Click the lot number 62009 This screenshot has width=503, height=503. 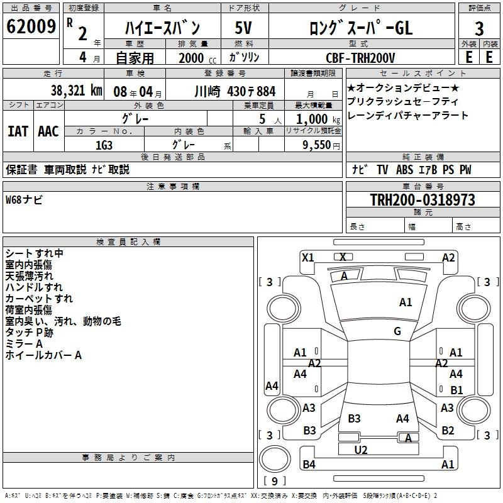[31, 27]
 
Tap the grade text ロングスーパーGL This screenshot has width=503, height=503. [360, 28]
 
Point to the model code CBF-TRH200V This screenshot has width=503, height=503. [360, 58]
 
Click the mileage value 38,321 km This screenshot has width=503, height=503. [77, 90]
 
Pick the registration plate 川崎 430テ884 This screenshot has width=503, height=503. [235, 91]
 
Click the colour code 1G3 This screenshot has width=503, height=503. [104, 144]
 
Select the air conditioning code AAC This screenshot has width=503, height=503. [48, 131]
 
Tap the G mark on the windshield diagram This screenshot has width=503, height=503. [397, 331]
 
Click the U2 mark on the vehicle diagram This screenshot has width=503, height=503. [361, 450]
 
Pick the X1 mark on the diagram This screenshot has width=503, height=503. [308, 257]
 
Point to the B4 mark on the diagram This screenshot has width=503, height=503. [309, 465]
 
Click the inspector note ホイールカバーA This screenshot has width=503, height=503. [43, 355]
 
